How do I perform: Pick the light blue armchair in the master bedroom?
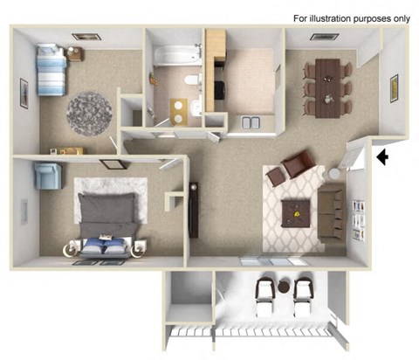(x=47, y=176)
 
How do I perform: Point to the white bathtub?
(x=175, y=56)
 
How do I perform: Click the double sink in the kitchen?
(x=251, y=122)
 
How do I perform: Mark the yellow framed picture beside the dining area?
(x=394, y=88)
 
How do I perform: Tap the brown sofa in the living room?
(x=331, y=210)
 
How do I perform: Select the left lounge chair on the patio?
(x=264, y=297)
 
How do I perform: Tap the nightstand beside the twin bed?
(x=73, y=55)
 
